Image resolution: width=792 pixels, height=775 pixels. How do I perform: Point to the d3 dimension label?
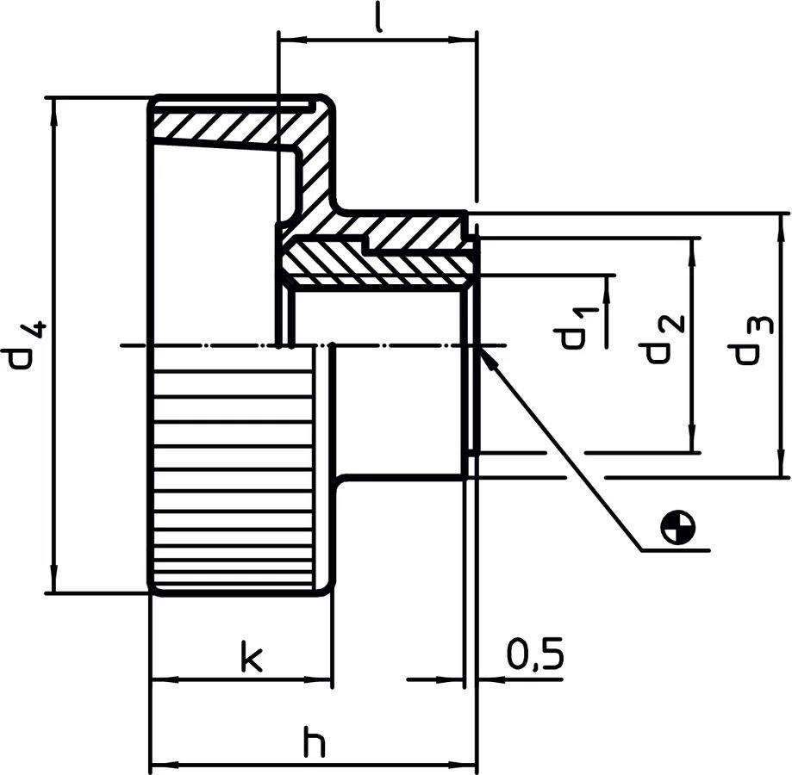click(751, 341)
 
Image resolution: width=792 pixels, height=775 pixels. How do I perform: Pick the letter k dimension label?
click(252, 656)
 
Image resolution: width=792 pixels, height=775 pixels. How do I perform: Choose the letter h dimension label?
click(315, 741)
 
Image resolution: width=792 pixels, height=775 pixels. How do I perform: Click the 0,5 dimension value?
click(534, 655)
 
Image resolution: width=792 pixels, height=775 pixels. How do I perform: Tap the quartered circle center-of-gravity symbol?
click(678, 526)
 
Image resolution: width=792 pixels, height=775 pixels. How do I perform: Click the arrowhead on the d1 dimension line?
click(607, 289)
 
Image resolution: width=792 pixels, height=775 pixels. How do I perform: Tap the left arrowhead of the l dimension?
click(293, 40)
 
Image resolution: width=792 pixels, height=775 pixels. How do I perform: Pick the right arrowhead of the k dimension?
click(318, 680)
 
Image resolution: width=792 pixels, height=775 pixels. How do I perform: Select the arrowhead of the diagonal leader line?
click(485, 357)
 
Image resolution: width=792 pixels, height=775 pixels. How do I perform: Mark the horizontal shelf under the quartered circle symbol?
click(676, 550)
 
